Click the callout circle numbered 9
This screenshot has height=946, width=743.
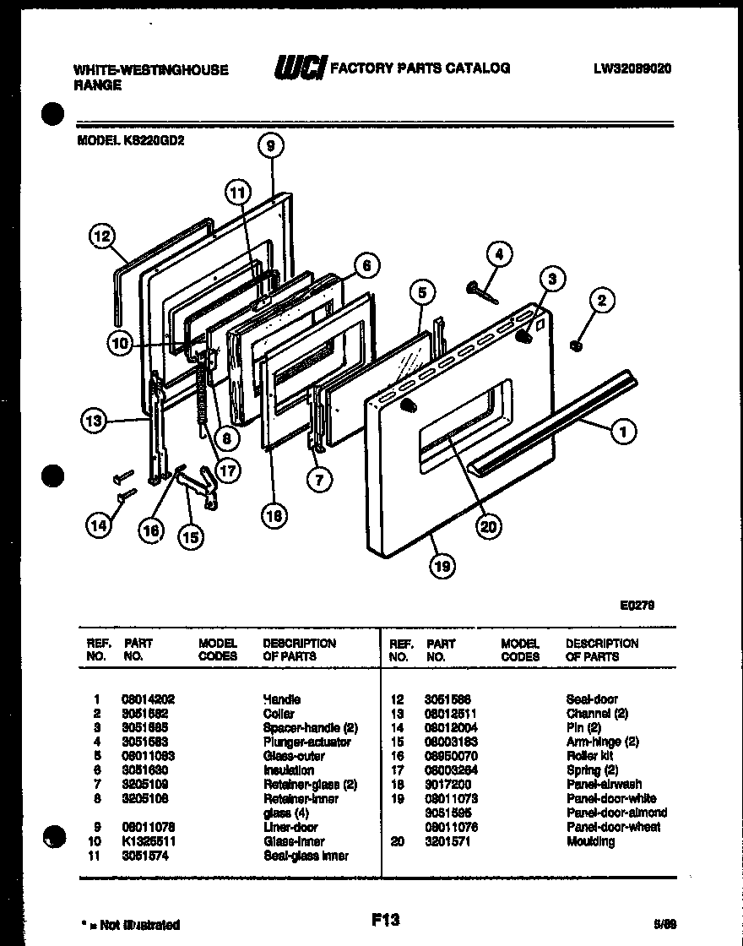[x=270, y=146]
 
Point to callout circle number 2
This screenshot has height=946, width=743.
[x=602, y=299]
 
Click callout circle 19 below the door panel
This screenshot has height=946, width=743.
[x=442, y=566]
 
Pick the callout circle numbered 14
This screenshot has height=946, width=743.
[x=99, y=525]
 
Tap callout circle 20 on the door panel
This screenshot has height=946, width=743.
[x=487, y=528]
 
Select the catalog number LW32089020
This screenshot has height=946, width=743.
[x=632, y=69]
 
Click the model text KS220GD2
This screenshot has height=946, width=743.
[x=131, y=142]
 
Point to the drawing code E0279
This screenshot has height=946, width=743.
[x=637, y=605]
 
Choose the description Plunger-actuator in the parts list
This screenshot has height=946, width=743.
[x=306, y=742]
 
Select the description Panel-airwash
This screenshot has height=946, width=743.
[x=604, y=784]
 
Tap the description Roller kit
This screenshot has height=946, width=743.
[x=589, y=756]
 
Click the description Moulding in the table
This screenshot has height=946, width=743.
[x=590, y=841]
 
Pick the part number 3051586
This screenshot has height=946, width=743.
[x=447, y=699]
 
